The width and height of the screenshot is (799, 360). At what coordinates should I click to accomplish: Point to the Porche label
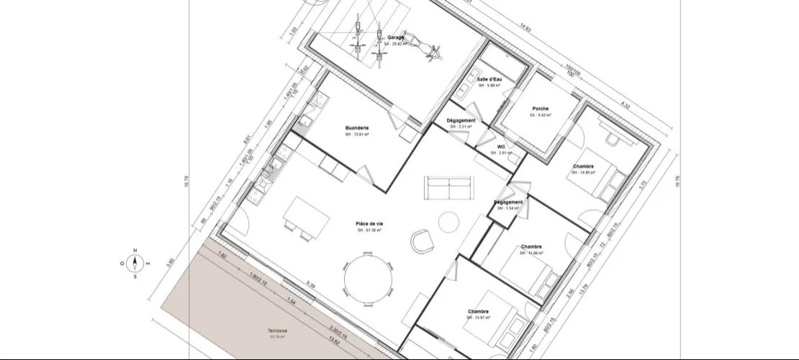(541, 109)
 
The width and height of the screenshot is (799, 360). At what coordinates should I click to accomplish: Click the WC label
(502, 148)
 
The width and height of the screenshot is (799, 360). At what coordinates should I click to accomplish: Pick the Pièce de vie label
(369, 225)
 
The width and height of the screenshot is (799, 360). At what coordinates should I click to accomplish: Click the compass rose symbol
(135, 263)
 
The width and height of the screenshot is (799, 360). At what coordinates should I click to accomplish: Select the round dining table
(369, 277)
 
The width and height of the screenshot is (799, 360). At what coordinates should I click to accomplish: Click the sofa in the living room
(451, 186)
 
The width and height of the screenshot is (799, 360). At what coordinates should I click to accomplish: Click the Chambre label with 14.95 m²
(584, 168)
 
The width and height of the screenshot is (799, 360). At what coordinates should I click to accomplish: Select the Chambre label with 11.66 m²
(531, 248)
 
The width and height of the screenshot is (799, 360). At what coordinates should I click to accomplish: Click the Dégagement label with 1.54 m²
(509, 203)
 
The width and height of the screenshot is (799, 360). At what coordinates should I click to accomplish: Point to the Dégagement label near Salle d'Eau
(461, 121)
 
